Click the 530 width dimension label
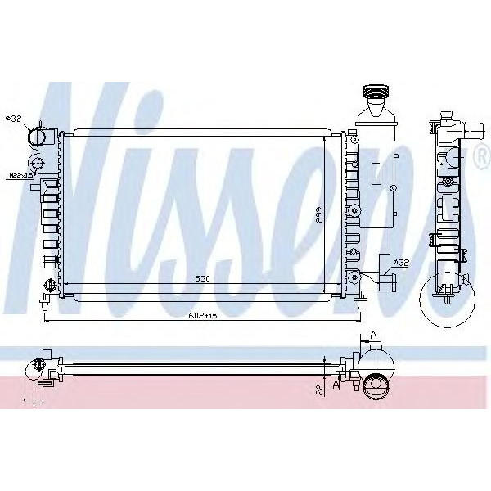pyautogui.click(x=201, y=279)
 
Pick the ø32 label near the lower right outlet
pyautogui.click(x=402, y=263)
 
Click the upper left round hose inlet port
pyautogui.click(x=38, y=135)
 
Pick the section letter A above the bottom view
pyautogui.click(x=372, y=335)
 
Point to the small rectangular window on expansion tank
pyautogui.click(x=376, y=174)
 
